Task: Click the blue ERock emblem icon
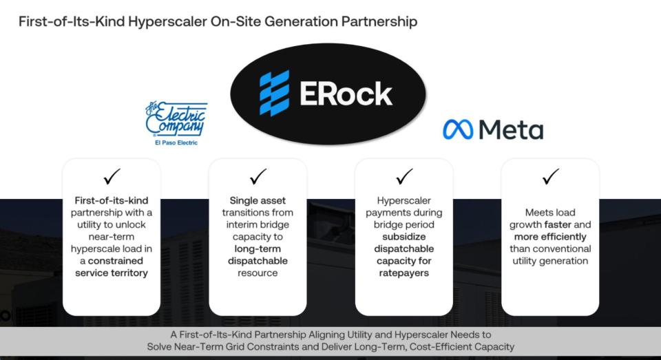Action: coord(275,93)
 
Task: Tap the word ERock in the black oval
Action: coord(346,94)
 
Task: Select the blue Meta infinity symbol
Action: coord(458,129)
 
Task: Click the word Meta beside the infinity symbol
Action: coord(511,129)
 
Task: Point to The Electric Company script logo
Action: coord(176,119)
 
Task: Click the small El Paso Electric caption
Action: coord(176,143)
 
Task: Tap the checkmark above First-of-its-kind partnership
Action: coord(112,177)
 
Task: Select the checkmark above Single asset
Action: coord(258,177)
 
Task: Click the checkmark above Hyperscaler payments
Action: coord(404,177)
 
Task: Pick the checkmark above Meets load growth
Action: coord(551,177)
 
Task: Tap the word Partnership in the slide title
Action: coord(379,21)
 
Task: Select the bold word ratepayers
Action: coord(404,273)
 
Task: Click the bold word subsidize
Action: coord(404,237)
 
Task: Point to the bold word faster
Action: coord(557,224)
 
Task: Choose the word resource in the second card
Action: coord(258,273)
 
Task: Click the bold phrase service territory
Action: coord(112,273)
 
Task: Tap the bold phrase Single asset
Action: coord(258,201)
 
